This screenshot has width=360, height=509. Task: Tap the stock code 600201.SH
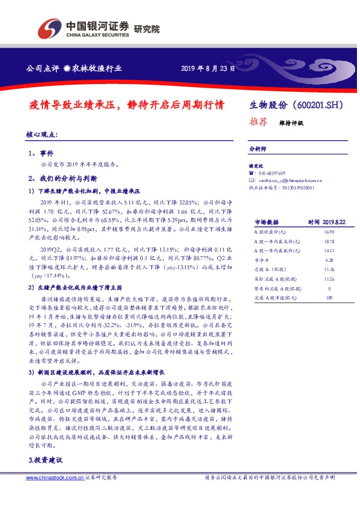[318, 105]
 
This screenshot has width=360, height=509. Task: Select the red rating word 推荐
[258, 121]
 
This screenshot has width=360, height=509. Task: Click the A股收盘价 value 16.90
[329, 232]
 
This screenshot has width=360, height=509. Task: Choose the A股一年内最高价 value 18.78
[329, 241]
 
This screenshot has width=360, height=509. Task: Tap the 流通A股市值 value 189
[329, 297]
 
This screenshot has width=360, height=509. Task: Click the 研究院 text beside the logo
[146, 28]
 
